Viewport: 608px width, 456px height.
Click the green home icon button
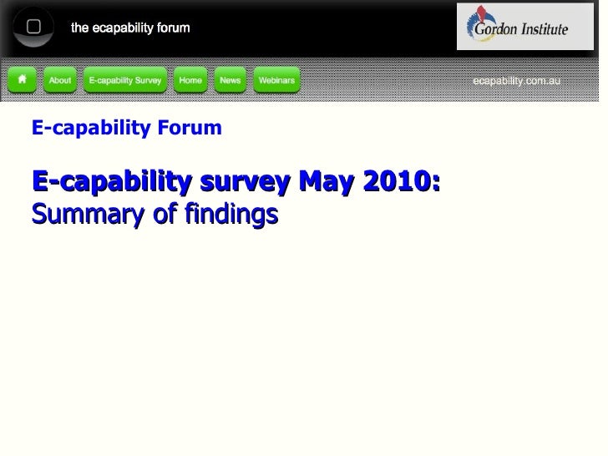click(23, 80)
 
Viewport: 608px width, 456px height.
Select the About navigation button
click(60, 80)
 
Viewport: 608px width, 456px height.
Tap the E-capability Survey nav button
click(125, 80)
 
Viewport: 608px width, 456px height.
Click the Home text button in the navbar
click(190, 80)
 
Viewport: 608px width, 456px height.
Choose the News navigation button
click(230, 80)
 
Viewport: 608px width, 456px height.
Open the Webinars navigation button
click(276, 80)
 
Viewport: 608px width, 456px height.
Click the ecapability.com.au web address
click(517, 81)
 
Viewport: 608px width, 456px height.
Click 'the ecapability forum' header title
click(130, 28)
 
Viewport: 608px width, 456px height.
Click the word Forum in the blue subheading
click(193, 128)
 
